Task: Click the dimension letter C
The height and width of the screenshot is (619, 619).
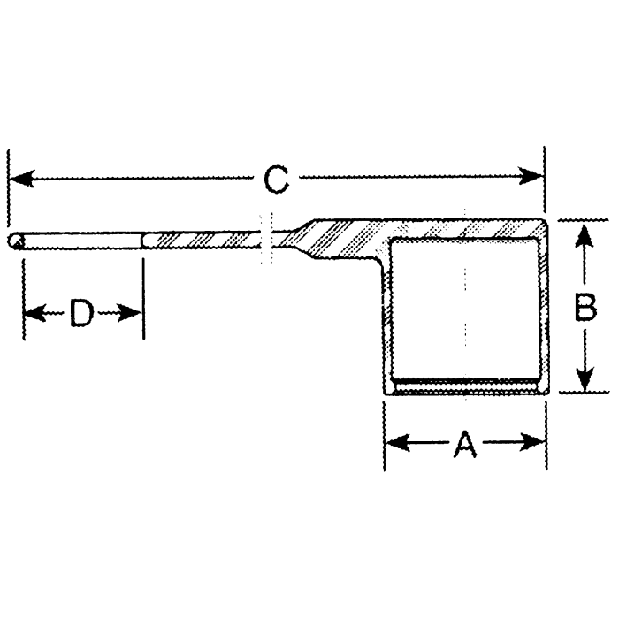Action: point(277,180)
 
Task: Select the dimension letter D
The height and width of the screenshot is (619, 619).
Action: point(81,312)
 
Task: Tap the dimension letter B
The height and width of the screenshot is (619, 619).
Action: point(585,307)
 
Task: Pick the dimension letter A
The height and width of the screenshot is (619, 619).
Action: point(464,442)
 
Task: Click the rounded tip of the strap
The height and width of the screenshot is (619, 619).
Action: point(13,241)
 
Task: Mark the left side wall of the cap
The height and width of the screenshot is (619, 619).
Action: point(387,318)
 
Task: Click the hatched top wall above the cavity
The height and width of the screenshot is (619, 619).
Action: point(464,228)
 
